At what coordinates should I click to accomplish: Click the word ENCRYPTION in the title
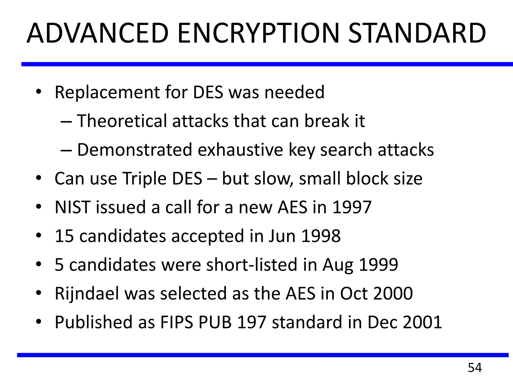[258, 33]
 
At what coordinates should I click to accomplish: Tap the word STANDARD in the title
[417, 33]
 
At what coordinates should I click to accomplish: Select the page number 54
[475, 368]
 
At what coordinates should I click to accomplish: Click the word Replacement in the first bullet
[107, 92]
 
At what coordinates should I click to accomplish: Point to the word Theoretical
[121, 121]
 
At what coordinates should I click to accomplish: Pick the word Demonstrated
[135, 150]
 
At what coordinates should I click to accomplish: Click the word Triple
[144, 179]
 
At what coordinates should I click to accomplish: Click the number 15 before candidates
[64, 236]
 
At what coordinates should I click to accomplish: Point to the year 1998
[321, 236]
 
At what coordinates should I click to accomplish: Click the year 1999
[378, 265]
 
